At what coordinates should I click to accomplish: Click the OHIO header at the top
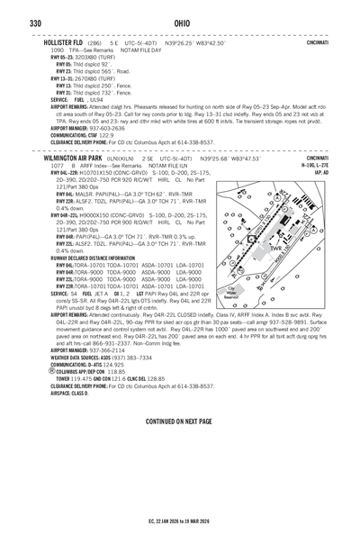point(179,23)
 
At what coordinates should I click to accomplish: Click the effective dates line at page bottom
point(179,520)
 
